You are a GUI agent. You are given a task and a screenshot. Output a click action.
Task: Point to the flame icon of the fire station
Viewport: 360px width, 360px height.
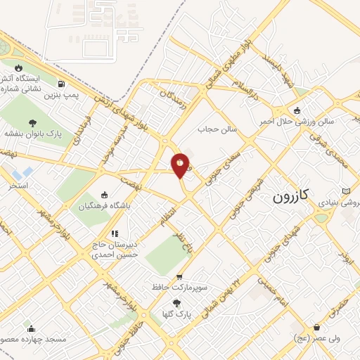(x=27, y=68)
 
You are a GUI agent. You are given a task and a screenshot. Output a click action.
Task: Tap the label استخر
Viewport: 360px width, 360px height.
(x=18, y=186)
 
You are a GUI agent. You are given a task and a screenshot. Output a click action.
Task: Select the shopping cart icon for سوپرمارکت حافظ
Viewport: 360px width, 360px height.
(x=180, y=277)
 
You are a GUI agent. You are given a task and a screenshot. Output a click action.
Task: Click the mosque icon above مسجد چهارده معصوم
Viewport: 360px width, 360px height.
(x=30, y=328)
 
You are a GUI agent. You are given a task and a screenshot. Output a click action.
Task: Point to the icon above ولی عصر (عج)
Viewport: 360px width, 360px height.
(x=317, y=326)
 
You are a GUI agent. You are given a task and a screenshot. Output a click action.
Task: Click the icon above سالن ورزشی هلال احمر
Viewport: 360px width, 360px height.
(x=298, y=110)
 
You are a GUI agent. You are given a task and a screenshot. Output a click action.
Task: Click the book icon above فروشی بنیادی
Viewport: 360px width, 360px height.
(x=345, y=191)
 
